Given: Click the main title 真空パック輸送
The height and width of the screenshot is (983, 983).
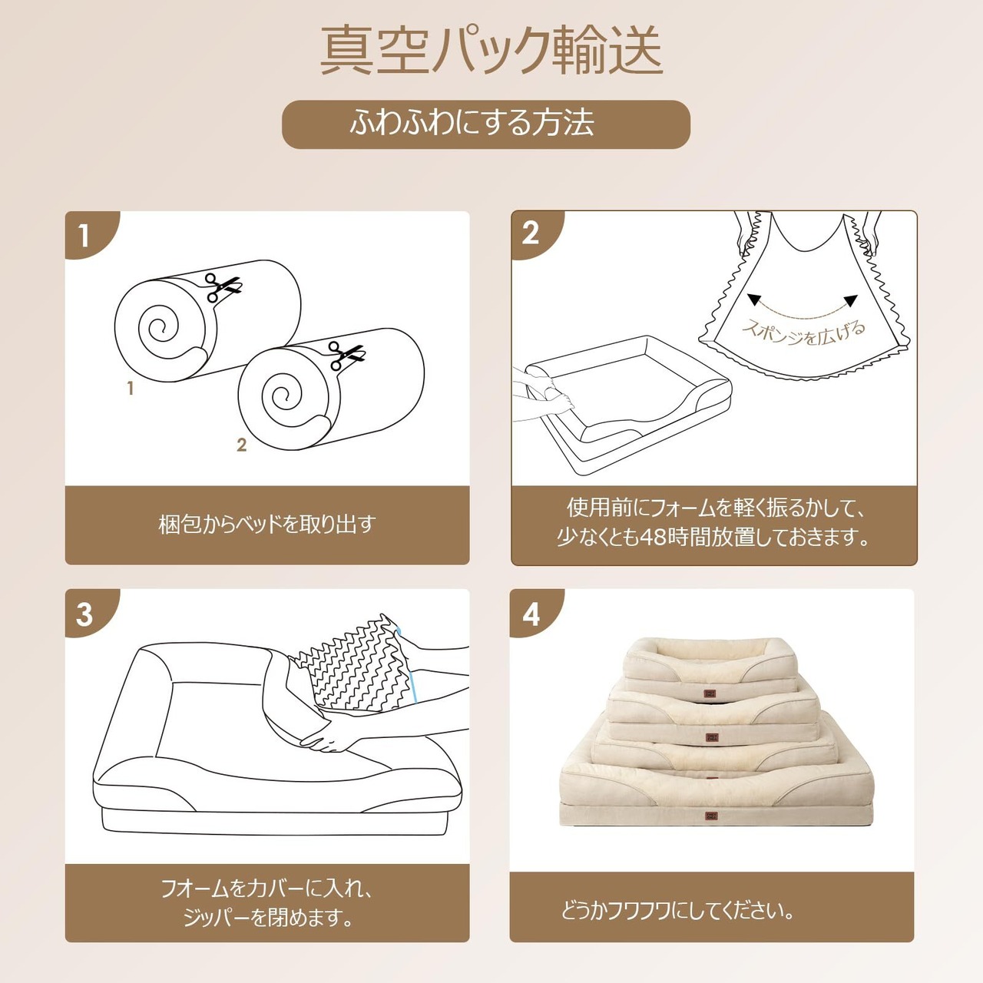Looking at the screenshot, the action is [x=491, y=51].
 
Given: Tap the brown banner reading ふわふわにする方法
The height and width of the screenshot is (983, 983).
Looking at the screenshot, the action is [x=485, y=124].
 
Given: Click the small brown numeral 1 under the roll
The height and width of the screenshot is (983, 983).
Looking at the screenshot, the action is [x=131, y=388].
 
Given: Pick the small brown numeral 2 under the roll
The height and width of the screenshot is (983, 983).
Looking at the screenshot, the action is [x=242, y=445].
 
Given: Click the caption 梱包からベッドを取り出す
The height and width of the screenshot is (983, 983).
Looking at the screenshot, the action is [x=267, y=525].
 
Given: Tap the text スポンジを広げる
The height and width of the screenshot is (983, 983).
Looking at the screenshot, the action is [x=803, y=332].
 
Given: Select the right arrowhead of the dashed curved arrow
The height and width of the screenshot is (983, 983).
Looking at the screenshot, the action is [x=850, y=300].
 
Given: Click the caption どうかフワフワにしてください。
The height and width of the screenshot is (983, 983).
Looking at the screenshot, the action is [x=678, y=910].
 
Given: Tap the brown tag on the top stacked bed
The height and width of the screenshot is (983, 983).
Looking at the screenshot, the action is [x=710, y=693].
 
